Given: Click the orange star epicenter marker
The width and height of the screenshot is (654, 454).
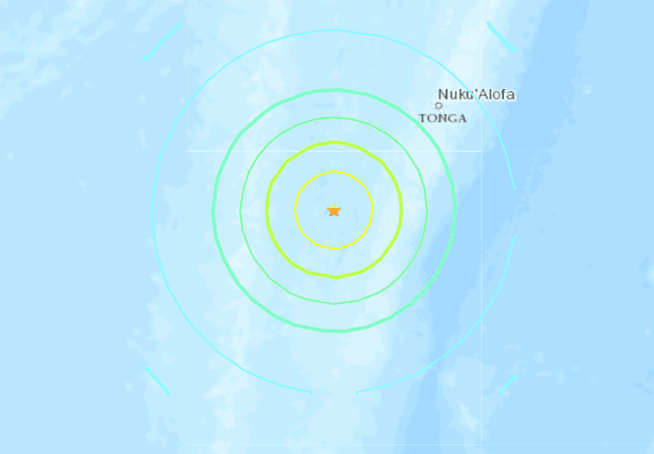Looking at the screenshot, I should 334,210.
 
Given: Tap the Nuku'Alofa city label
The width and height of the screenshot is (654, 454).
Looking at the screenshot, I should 476,94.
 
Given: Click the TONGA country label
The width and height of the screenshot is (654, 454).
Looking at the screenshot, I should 442,118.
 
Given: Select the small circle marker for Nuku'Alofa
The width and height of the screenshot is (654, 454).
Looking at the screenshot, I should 439,106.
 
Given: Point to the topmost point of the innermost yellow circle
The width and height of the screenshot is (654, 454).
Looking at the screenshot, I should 334,172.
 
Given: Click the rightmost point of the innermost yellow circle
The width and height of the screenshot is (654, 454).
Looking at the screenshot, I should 372,210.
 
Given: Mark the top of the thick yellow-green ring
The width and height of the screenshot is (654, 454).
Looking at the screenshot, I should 334,142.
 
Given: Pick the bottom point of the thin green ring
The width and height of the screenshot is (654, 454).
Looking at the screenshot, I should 334,302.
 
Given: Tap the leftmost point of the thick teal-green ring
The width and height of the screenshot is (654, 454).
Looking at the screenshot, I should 213,210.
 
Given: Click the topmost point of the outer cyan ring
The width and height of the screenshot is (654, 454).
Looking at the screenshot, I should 334,31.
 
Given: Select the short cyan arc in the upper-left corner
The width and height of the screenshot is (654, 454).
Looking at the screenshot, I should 162,41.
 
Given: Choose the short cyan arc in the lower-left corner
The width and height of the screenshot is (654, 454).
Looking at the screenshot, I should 155,380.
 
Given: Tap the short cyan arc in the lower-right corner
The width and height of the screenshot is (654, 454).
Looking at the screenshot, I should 507,385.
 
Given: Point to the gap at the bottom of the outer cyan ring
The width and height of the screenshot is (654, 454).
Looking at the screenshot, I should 334,392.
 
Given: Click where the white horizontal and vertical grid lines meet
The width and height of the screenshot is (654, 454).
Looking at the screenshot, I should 482,151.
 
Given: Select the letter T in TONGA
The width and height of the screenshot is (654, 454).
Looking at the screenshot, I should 422,118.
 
